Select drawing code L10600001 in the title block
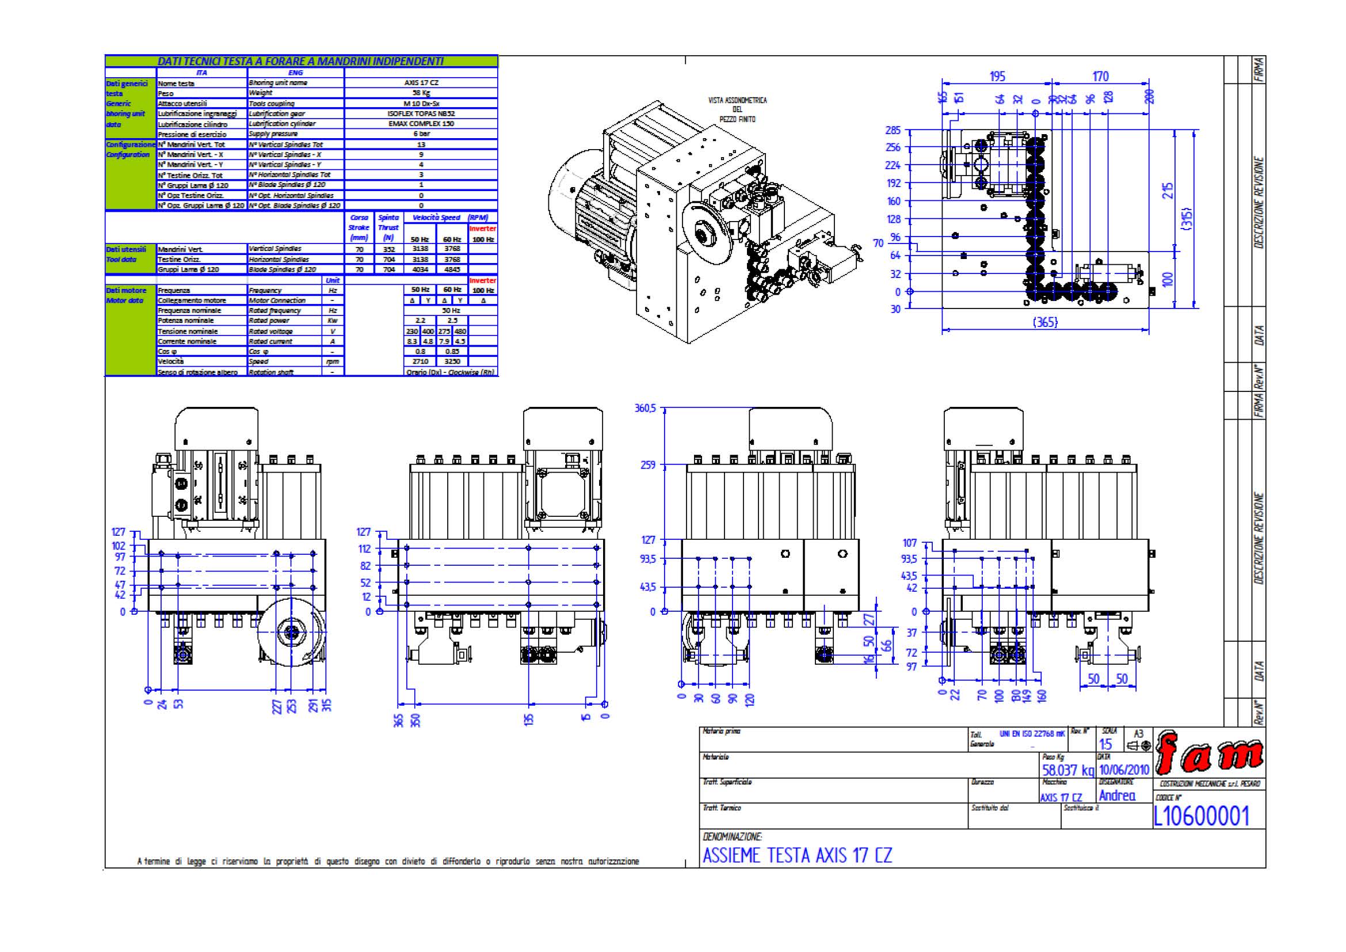[x=1201, y=816]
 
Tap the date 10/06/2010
[x=1123, y=770]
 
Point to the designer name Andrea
[x=1117, y=795]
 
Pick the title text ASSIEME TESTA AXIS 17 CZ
[x=797, y=855]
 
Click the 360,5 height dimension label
[x=646, y=408]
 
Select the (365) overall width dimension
[x=1044, y=322]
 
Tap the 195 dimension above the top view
[x=997, y=76]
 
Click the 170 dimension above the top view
[x=1100, y=76]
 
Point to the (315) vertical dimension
[x=1187, y=218]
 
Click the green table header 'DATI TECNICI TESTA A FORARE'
[x=301, y=61]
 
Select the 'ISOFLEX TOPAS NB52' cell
[x=421, y=114]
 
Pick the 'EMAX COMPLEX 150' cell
[x=421, y=124]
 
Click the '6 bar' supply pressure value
[x=421, y=134]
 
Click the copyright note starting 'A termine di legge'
[x=388, y=861]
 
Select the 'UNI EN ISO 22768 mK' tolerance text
[x=1032, y=733]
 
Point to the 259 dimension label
[x=648, y=465]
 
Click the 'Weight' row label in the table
[x=261, y=93]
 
